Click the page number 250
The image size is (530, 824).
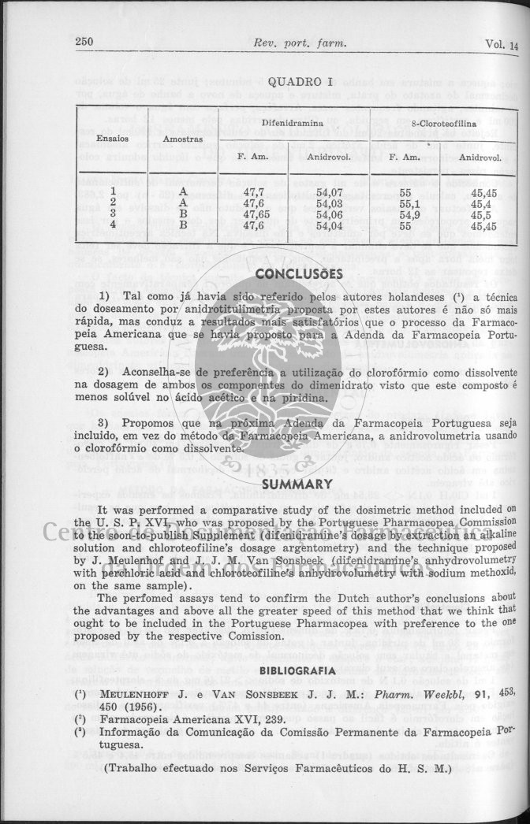pyautogui.click(x=84, y=43)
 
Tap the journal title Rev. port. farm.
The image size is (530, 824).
pyautogui.click(x=297, y=43)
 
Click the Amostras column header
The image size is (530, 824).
pyautogui.click(x=183, y=139)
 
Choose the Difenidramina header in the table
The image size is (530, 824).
pyautogui.click(x=293, y=124)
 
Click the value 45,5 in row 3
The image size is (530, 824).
pyautogui.click(x=482, y=213)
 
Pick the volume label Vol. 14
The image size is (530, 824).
pyautogui.click(x=502, y=44)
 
